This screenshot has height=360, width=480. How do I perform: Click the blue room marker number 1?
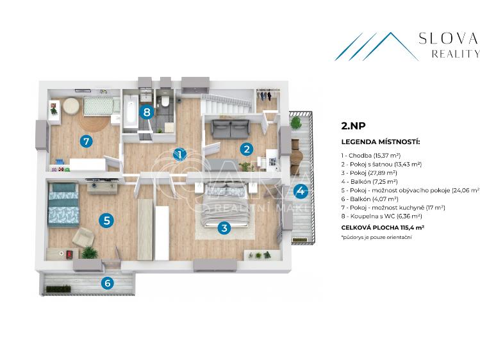tap(181, 154)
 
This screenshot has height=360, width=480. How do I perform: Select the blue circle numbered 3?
tap(224, 227)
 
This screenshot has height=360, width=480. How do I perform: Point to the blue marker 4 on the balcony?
tap(300, 190)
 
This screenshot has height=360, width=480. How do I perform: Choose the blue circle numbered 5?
tap(107, 220)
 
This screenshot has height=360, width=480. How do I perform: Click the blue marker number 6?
tap(108, 282)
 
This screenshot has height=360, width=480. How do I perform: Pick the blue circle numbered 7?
tap(85, 141)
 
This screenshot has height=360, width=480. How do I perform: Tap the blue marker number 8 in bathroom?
tap(147, 113)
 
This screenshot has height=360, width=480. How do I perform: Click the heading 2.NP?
tap(351, 127)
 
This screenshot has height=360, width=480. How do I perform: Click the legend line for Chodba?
tap(371, 156)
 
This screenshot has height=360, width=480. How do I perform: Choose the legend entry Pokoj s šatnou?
tap(381, 165)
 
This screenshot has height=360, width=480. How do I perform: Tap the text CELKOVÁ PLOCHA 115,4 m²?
tap(383, 227)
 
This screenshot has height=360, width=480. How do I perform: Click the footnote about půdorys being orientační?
tap(376, 237)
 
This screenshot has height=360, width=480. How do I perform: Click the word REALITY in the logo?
tap(456, 54)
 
